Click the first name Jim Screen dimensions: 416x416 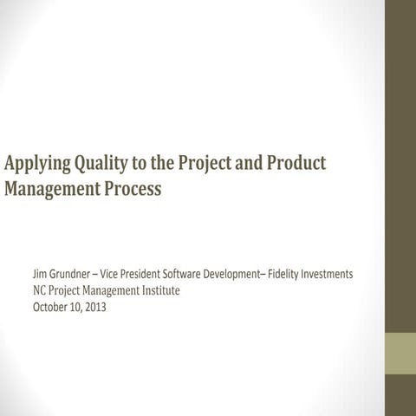(x=40, y=274)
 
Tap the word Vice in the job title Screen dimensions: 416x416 (x=125, y=274)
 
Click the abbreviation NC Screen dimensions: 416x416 (x=39, y=290)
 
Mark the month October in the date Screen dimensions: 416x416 (x=50, y=307)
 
